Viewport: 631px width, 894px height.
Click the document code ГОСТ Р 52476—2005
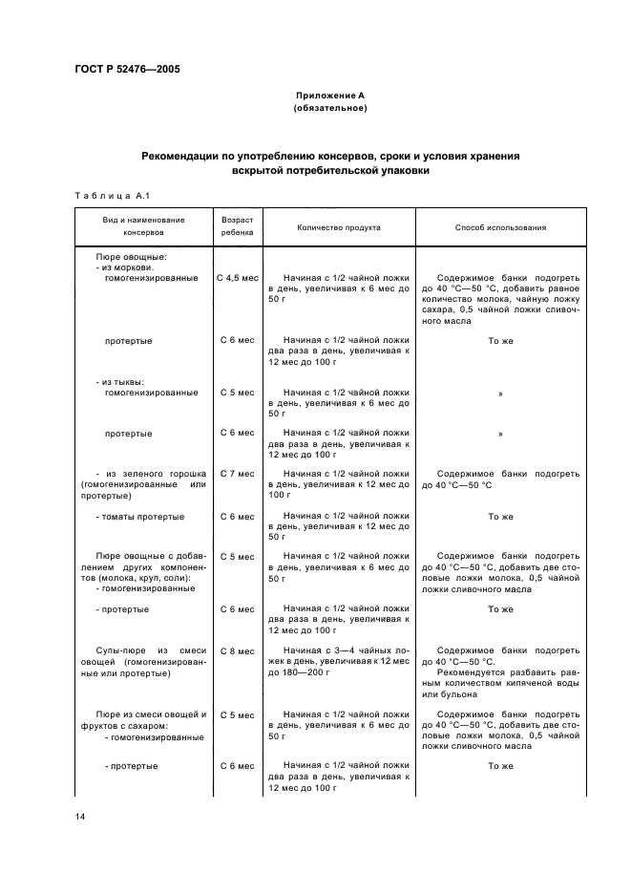127,71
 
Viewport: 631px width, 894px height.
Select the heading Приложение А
329,96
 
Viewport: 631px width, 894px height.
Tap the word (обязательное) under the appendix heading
329,108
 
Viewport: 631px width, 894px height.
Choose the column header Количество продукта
338,228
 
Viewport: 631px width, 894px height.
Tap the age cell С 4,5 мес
237,278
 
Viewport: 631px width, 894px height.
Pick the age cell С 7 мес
237,474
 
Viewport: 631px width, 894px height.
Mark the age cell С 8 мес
237,651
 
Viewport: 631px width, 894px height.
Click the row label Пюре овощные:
132,257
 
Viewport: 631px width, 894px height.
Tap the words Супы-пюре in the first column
120,651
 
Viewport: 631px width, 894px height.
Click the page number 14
80,818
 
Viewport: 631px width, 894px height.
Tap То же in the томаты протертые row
500,517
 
